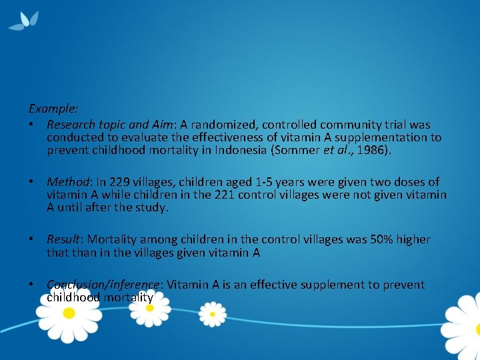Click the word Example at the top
(53, 107)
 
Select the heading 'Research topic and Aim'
(108, 125)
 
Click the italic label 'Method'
(67, 182)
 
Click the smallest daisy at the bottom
(213, 311)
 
